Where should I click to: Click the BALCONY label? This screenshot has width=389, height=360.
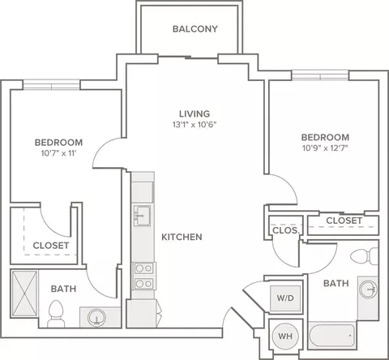pos(195,29)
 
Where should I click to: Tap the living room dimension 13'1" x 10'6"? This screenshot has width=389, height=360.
pos(194,125)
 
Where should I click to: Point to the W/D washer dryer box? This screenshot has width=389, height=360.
pos(285,298)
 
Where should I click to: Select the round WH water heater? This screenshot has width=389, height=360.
pos(285,336)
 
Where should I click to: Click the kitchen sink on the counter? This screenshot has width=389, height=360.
pos(143,216)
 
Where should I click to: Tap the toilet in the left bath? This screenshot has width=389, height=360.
pos(56,314)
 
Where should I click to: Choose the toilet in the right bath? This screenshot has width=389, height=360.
pos(365,256)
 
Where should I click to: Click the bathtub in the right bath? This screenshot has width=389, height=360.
pos(331,335)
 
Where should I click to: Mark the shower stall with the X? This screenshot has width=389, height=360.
pos(24,294)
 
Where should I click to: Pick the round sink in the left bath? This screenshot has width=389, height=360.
pos(96,317)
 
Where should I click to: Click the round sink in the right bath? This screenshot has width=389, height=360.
pos(368,289)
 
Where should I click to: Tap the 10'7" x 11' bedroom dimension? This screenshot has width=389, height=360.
pos(58,153)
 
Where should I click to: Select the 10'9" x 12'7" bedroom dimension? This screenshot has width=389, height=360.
pos(325,148)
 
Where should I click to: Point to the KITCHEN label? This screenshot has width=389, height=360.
pos(182,237)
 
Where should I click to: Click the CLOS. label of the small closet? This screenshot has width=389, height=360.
pos(286,230)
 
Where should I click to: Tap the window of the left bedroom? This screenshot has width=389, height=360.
pos(51,85)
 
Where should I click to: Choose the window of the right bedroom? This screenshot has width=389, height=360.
pos(320,75)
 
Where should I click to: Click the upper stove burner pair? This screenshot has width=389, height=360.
pos(143,268)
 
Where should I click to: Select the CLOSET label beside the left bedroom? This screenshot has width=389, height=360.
pos(51,246)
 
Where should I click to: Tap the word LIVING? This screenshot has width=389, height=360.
pos(194,114)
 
